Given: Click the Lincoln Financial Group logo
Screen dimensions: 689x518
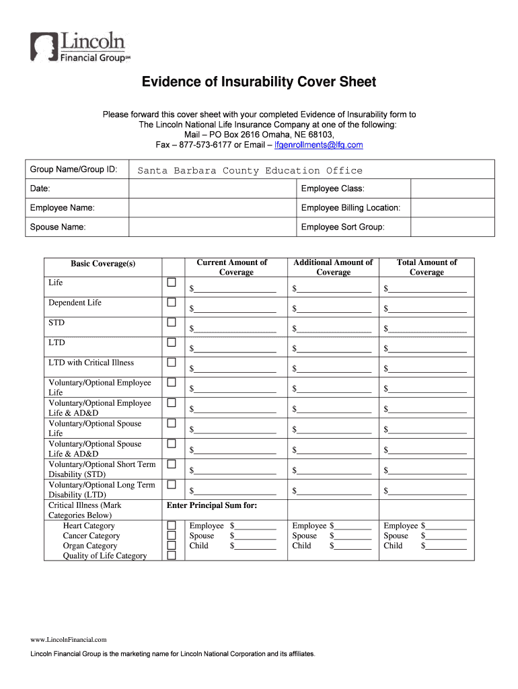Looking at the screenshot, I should click(78, 47).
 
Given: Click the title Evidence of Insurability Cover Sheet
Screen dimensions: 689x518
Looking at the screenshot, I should click(258, 82).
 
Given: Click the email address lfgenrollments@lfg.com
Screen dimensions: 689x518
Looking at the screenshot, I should click(320, 145).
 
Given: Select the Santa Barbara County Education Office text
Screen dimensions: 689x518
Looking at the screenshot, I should click(250, 171).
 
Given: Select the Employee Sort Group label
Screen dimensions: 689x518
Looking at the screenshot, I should click(342, 227).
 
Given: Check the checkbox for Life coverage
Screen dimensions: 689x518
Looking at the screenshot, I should click(172, 282).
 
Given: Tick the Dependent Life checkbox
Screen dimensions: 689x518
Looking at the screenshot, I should click(172, 302).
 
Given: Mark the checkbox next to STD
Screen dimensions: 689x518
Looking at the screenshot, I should click(172, 322).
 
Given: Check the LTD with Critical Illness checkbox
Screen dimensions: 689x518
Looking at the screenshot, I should click(172, 363).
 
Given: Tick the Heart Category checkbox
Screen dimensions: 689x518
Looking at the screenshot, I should click(172, 525).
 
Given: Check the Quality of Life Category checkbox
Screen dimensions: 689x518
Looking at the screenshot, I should click(172, 556).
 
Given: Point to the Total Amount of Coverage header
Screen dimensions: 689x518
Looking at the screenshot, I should click(427, 267).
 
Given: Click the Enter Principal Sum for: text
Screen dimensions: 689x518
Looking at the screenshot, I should click(212, 505).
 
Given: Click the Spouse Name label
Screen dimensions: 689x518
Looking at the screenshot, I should click(58, 227).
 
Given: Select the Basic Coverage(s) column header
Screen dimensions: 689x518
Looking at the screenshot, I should click(103, 264).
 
